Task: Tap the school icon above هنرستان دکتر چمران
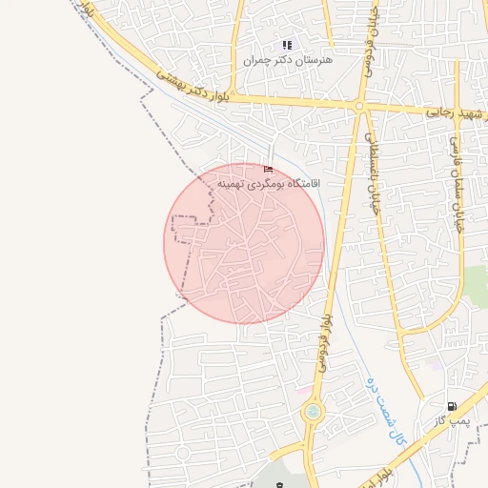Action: (287, 45)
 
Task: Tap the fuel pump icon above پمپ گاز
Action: (451, 405)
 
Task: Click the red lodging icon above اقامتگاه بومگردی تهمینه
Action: (267, 170)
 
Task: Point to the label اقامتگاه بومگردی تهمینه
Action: (269, 182)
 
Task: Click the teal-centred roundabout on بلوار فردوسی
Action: (313, 412)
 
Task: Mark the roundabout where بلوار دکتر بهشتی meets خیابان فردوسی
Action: (360, 106)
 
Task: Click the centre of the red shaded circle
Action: (244, 243)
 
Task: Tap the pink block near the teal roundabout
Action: (302, 392)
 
